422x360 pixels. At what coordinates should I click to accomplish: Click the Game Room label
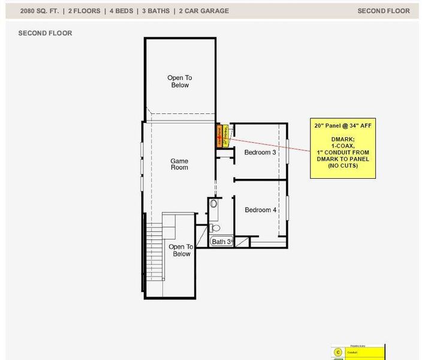click(179, 164)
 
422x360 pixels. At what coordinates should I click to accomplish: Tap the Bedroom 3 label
click(260, 152)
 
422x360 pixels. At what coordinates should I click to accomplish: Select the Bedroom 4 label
click(260, 210)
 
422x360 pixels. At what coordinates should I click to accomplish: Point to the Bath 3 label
click(221, 242)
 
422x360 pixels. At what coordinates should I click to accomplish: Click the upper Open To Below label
click(179, 82)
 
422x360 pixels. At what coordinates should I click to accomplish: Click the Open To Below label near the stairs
click(180, 250)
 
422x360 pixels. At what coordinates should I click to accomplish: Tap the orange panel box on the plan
click(219, 136)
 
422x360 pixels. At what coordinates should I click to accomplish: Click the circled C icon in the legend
click(338, 352)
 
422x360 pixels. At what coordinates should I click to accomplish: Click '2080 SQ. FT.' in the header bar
click(40, 11)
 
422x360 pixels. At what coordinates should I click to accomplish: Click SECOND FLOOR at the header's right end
click(384, 11)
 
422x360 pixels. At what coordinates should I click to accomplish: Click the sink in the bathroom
click(214, 204)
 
